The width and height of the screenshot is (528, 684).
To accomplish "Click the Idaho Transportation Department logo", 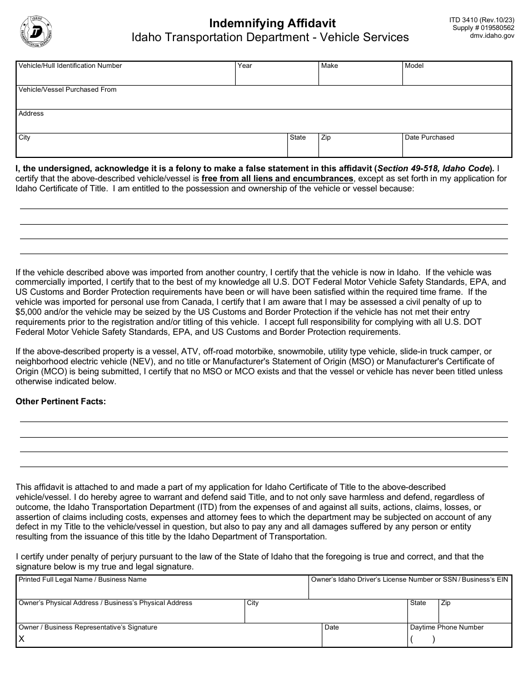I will [36, 31].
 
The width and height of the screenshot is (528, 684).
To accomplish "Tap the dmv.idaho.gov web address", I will [492, 36].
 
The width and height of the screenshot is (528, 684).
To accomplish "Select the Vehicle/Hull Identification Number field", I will [126, 77].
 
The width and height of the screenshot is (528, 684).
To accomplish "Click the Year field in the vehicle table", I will [277, 77].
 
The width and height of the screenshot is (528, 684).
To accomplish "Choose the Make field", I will [360, 77].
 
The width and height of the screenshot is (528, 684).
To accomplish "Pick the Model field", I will [457, 77].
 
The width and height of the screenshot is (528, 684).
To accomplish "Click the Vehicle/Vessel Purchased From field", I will [263, 101].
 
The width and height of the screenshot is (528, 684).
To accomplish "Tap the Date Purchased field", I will [457, 148].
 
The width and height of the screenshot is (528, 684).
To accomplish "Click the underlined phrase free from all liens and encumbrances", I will [277, 179].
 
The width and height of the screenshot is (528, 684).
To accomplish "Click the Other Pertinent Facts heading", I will [61, 401].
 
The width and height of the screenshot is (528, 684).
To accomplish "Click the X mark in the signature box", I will [22, 639].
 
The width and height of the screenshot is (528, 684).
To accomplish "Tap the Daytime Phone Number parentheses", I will [422, 639].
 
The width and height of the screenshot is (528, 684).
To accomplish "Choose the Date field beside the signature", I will [365, 638].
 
